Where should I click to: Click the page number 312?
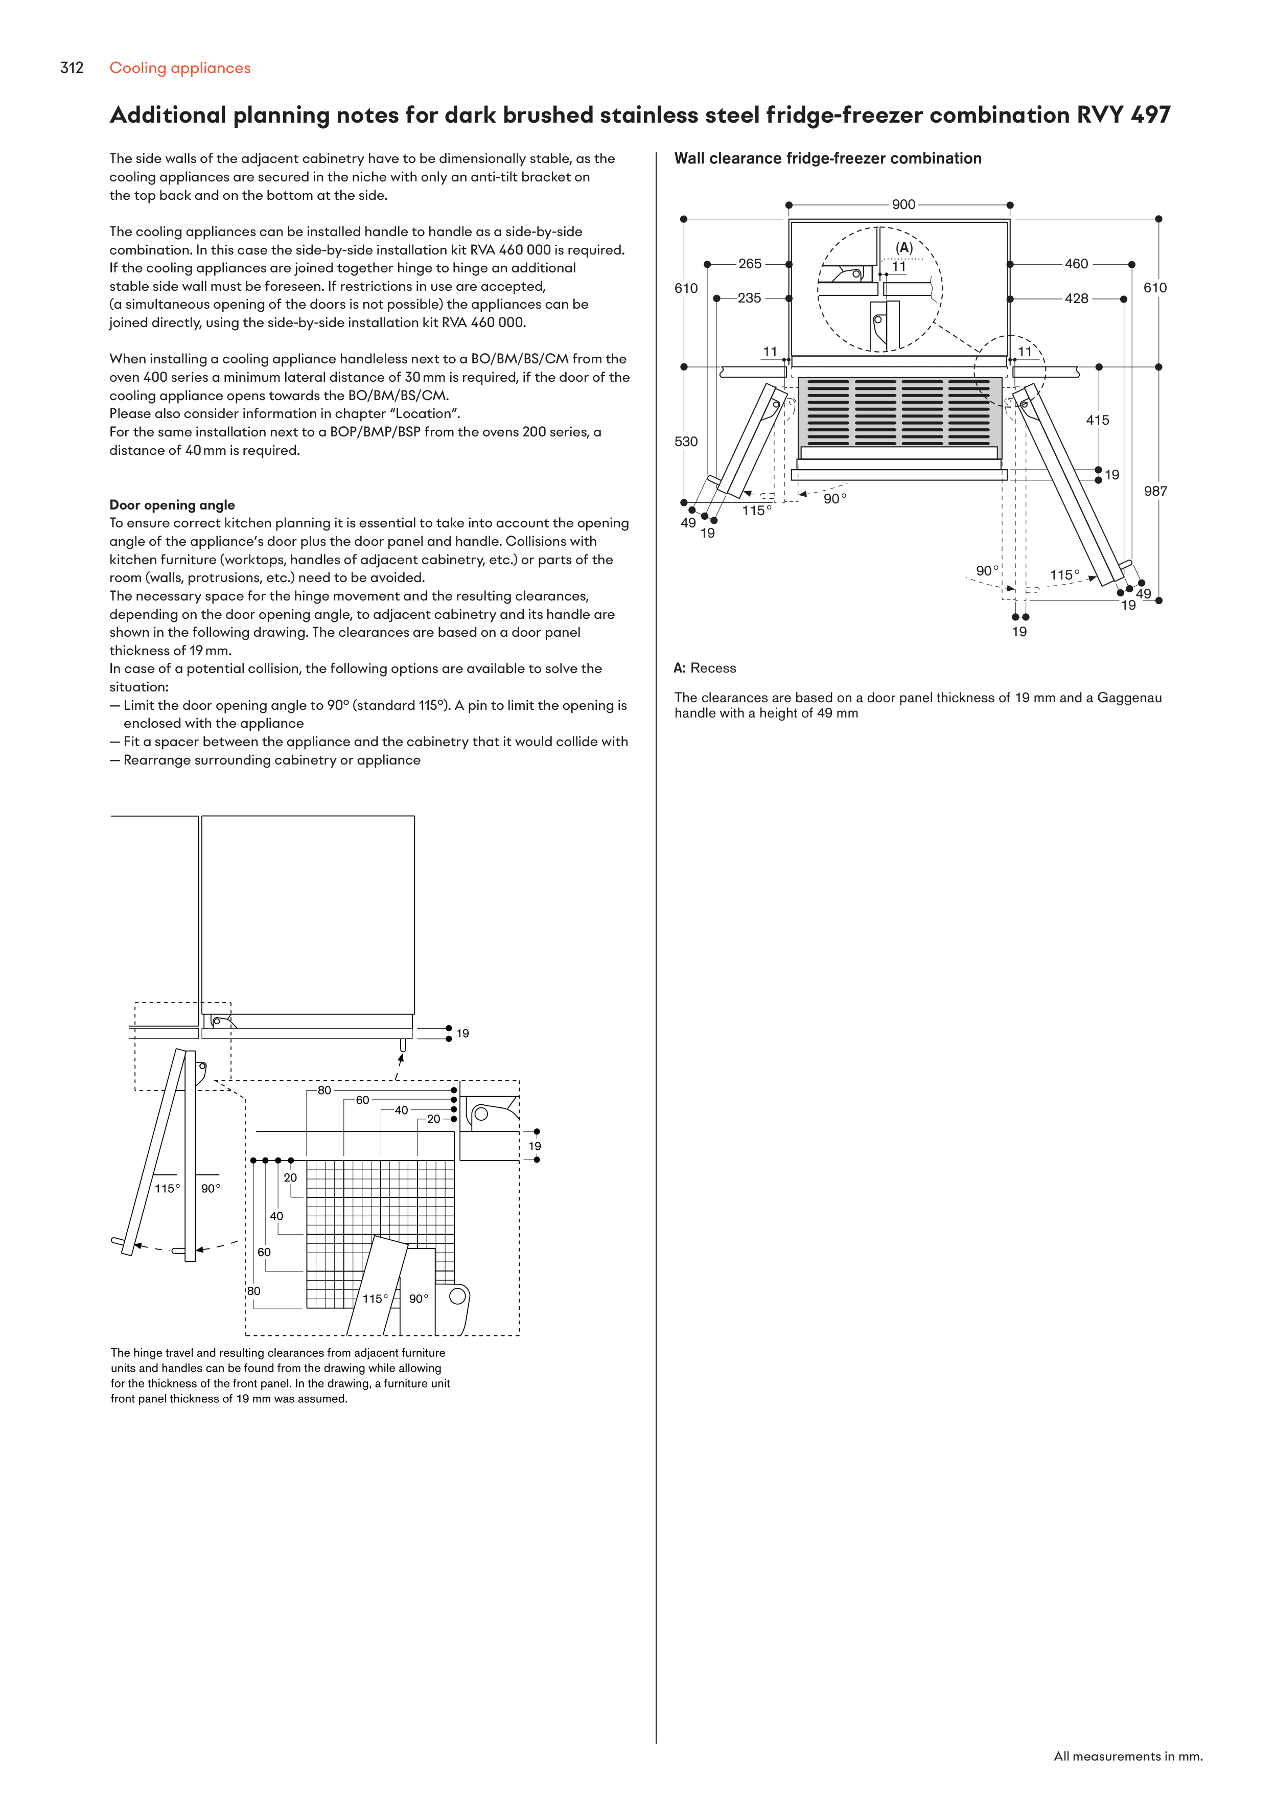(x=72, y=68)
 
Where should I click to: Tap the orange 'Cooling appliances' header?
(x=180, y=68)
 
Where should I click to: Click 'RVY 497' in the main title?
(x=1123, y=115)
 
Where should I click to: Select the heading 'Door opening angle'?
(x=172, y=505)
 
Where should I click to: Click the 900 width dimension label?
(x=903, y=204)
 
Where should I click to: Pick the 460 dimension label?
(x=1076, y=264)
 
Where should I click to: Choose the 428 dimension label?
(x=1076, y=299)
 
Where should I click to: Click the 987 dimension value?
(x=1155, y=491)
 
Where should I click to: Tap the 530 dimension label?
(x=686, y=442)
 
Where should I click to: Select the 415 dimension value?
(x=1098, y=421)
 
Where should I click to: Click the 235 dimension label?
(x=749, y=299)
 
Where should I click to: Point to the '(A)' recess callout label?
(x=904, y=248)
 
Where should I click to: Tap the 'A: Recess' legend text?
(x=705, y=668)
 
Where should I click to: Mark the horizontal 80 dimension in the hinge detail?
(x=324, y=1091)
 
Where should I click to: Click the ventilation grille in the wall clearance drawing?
(x=899, y=412)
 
